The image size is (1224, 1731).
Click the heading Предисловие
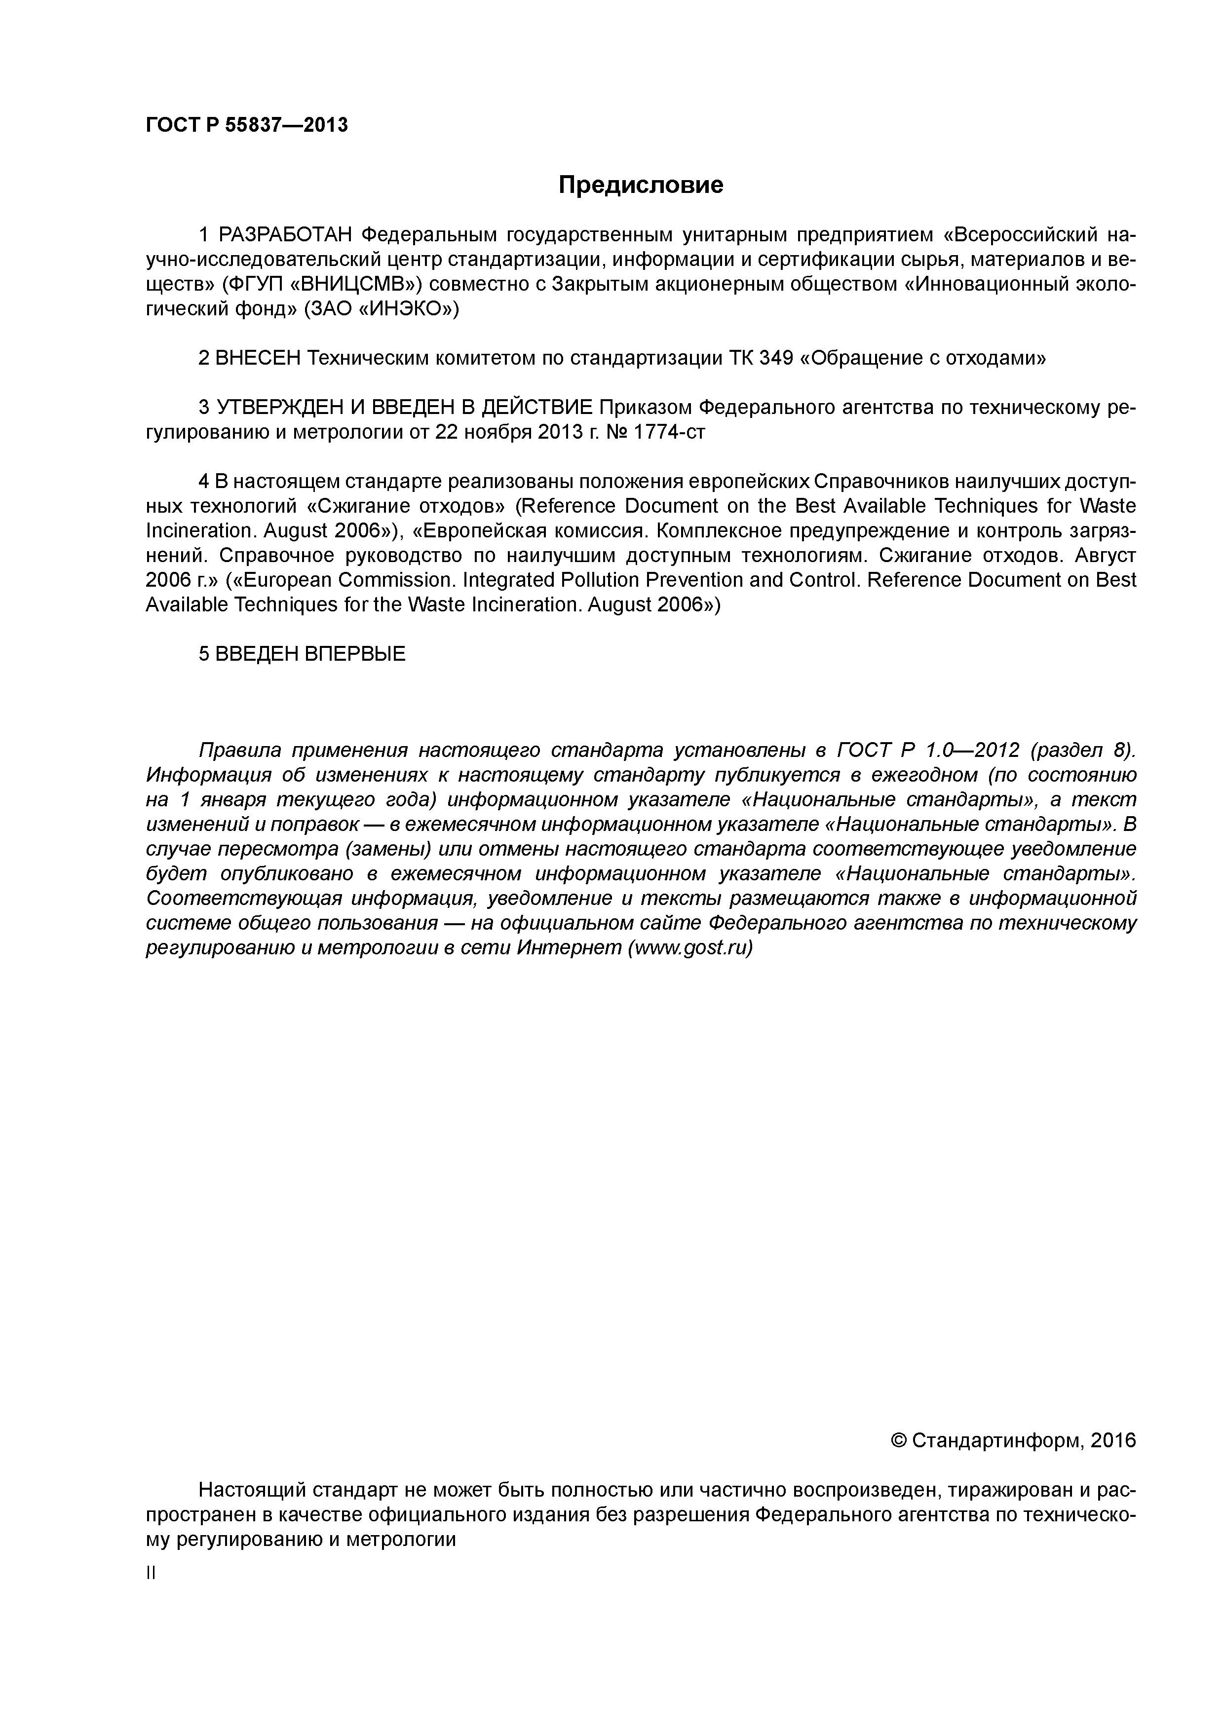pos(640,185)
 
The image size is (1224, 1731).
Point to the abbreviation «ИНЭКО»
pos(405,310)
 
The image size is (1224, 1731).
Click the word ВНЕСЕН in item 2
pos(258,358)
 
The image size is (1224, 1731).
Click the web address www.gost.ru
pos(690,948)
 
